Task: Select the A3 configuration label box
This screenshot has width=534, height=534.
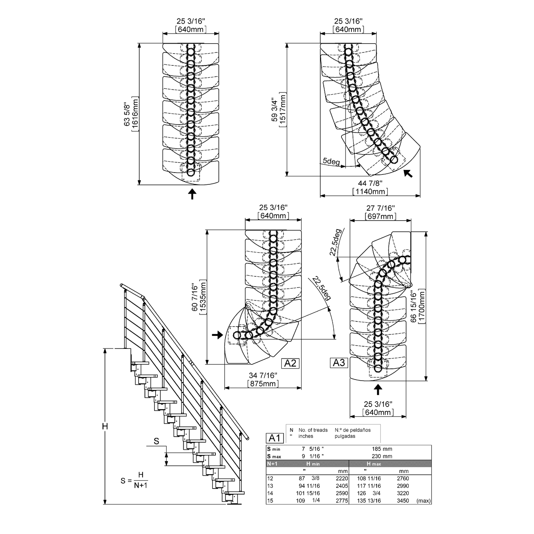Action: [x=339, y=363]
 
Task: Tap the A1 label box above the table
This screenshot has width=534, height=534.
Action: [x=275, y=438]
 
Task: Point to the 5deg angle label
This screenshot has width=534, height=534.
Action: [x=331, y=161]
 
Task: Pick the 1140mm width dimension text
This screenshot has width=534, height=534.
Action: [x=370, y=191]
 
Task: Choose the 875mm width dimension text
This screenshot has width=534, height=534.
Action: [x=263, y=383]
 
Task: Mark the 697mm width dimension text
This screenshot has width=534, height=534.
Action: [x=380, y=216]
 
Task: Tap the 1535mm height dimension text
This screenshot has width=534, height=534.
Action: [x=203, y=296]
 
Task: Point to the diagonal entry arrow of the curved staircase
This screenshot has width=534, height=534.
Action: [x=408, y=173]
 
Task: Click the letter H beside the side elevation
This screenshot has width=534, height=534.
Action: [x=105, y=426]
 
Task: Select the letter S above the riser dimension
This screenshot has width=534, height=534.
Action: [x=156, y=441]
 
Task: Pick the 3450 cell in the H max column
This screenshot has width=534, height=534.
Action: [x=402, y=501]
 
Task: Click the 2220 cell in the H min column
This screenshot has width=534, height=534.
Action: [x=342, y=478]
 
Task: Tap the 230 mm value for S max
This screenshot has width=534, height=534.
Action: [x=382, y=456]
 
